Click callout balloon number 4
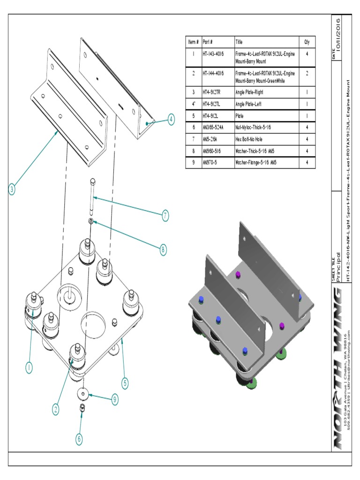(x=171, y=120)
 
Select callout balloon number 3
(x=12, y=190)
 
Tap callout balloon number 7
(x=165, y=216)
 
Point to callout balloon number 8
(x=163, y=250)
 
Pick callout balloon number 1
(x=29, y=368)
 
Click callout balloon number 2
(x=56, y=409)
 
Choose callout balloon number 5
(x=125, y=383)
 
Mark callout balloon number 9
(x=114, y=399)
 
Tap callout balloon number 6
(x=80, y=439)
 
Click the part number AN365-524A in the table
(x=213, y=127)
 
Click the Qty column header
(x=307, y=42)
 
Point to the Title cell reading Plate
(x=240, y=115)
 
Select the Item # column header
(x=193, y=42)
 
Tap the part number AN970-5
(x=210, y=162)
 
